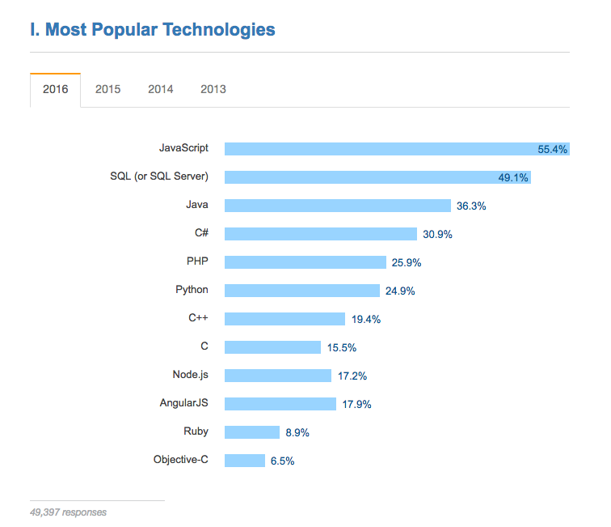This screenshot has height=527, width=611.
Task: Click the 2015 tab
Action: pos(107,89)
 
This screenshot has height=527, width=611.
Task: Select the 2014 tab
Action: pos(160,89)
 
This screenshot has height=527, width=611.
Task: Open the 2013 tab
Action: pos(213,89)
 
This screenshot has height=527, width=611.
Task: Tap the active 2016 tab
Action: pos(55,89)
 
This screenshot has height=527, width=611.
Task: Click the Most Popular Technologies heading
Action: pos(152,30)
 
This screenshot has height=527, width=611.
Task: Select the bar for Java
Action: pos(337,206)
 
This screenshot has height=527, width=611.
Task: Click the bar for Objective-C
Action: pos(244,461)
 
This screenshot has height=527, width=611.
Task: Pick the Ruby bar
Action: pos(251,432)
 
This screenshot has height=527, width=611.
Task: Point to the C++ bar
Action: pos(284,319)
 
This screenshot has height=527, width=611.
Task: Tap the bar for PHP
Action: pos(305,262)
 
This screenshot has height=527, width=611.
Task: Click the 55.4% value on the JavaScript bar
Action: pos(553,150)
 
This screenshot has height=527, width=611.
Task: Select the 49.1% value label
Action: pos(513,178)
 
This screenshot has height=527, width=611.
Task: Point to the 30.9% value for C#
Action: pos(437,235)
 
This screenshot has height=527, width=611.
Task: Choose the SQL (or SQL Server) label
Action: pos(159,176)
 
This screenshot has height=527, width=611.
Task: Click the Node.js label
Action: pos(190,374)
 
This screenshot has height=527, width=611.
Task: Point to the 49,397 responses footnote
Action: pos(68,512)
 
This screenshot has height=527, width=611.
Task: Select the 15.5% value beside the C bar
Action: pos(342,348)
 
